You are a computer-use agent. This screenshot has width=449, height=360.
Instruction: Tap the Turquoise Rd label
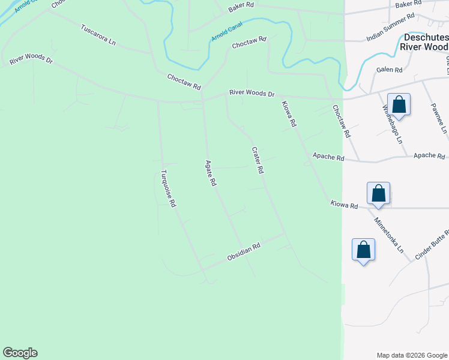pyautogui.click(x=167, y=189)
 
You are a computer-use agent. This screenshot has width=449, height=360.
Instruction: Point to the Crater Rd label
pyautogui.click(x=257, y=160)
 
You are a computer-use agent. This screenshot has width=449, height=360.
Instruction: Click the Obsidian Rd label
pyautogui.click(x=243, y=251)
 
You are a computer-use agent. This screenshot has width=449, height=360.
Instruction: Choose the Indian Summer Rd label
pyautogui.click(x=391, y=28)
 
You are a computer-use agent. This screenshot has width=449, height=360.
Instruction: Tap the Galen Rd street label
pyautogui.click(x=390, y=70)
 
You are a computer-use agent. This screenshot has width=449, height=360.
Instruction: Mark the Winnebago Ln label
pyautogui.click(x=392, y=125)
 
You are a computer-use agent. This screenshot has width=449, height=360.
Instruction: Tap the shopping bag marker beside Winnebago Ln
pyautogui.click(x=399, y=104)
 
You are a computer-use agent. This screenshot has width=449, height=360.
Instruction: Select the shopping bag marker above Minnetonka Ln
pyautogui.click(x=378, y=193)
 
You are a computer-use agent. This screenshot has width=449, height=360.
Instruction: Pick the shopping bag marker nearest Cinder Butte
pyautogui.click(x=363, y=250)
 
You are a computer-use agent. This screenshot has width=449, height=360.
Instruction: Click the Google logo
pyautogui.click(x=20, y=353)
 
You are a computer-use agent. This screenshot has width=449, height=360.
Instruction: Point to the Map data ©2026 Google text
pyautogui.click(x=411, y=355)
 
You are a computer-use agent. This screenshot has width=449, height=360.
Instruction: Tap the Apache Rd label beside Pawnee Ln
pyautogui.click(x=429, y=155)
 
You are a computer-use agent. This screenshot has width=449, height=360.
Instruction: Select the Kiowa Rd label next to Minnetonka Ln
pyautogui.click(x=344, y=205)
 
